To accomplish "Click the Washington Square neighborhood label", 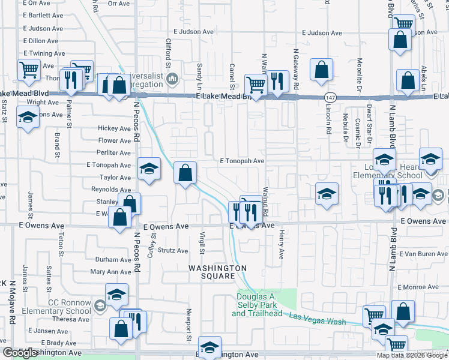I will click(218, 271).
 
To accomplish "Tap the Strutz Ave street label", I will click(173, 251).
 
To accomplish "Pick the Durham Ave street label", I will click(113, 260).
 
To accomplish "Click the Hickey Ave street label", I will click(114, 128).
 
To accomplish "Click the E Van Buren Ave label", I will click(423, 254).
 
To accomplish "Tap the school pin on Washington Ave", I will click(209, 347).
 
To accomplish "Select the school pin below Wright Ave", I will click(28, 118).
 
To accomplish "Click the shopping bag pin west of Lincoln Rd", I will click(322, 69).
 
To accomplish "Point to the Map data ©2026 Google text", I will click(412, 355).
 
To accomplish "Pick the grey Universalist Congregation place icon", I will click(173, 79).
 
